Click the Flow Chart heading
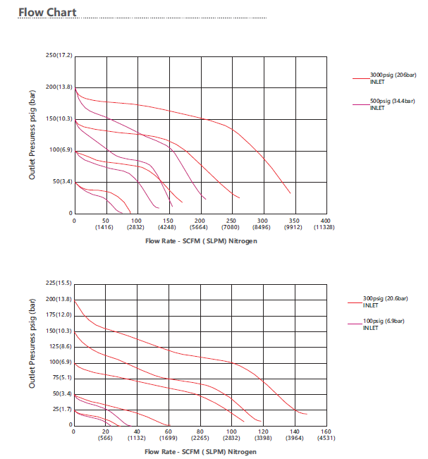(x=47, y=12)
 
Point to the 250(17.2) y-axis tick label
(x=59, y=55)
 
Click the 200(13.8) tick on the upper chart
(x=59, y=87)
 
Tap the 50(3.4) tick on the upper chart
(x=61, y=182)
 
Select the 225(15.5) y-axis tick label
(x=59, y=283)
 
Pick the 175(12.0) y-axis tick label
(x=59, y=314)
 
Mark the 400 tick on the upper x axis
(x=325, y=221)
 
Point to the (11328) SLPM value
(x=325, y=228)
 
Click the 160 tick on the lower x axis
(x=325, y=432)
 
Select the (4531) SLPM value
(x=325, y=439)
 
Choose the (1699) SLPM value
(x=168, y=439)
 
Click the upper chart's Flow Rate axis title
(x=201, y=241)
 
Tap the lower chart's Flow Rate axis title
(x=201, y=451)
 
